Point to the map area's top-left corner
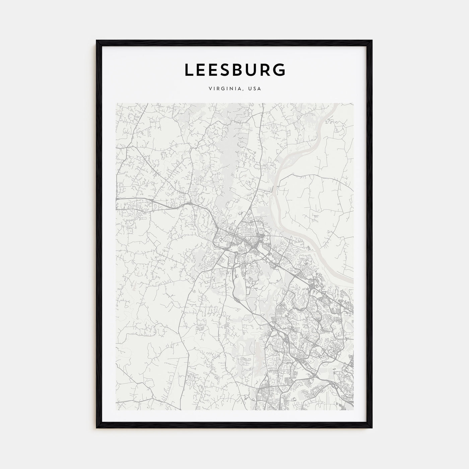[x=116, y=103]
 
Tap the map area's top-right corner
[x=353, y=103]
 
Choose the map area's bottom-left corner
[x=116, y=410]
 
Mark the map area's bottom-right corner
[x=353, y=410]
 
